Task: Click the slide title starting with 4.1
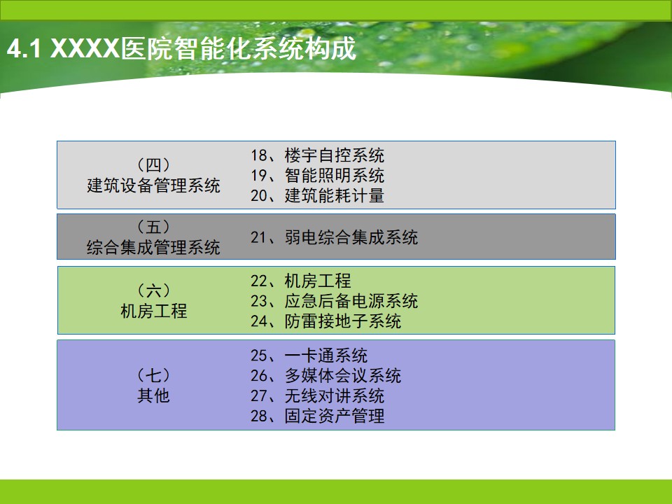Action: point(182,48)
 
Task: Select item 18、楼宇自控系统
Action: point(317,155)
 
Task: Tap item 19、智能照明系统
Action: point(317,175)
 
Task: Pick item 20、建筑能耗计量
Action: point(317,195)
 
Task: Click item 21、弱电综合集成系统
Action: point(334,237)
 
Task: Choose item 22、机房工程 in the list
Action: point(300,281)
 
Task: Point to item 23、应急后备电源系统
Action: point(334,301)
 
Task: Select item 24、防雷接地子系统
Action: point(325,321)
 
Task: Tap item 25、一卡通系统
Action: point(309,356)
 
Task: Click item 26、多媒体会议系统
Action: point(325,375)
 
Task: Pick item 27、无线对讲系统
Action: point(317,395)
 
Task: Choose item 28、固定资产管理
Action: point(317,416)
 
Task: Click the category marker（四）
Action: point(153,165)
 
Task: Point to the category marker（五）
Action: point(153,227)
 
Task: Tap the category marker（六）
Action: point(153,290)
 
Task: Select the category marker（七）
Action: point(153,375)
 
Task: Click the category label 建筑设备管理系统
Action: point(153,185)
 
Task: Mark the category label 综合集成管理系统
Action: point(153,247)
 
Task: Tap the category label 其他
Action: point(153,395)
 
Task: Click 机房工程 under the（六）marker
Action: point(153,311)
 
